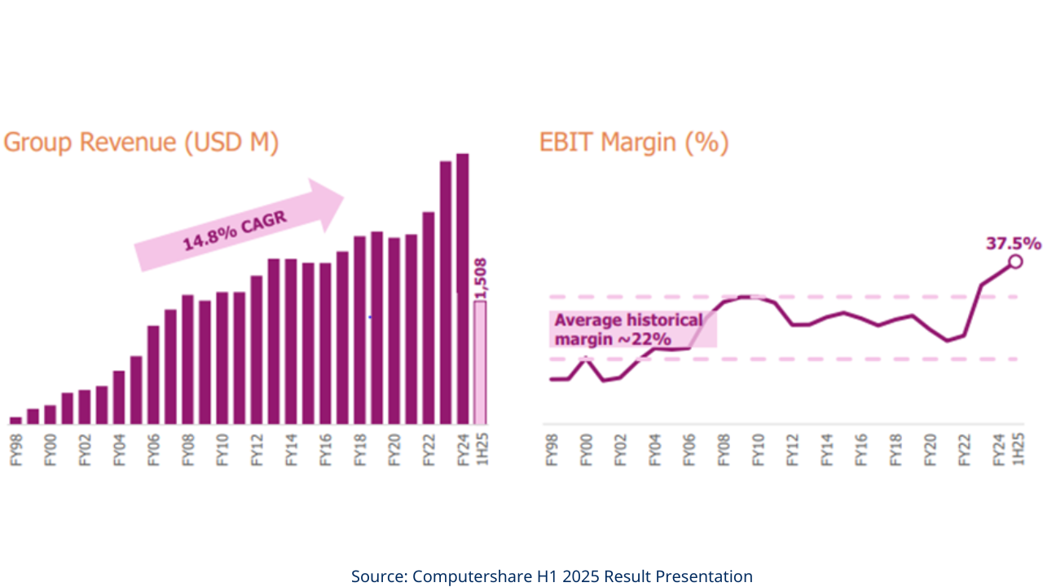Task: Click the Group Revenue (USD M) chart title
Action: click(x=142, y=143)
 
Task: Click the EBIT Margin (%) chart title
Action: click(x=633, y=143)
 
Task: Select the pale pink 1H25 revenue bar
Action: click(x=480, y=362)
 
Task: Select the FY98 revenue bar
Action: click(x=15, y=420)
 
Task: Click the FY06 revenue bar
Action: click(x=153, y=374)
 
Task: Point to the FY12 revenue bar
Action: click(x=257, y=350)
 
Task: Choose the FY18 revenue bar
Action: click(x=360, y=329)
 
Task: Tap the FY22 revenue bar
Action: click(x=429, y=317)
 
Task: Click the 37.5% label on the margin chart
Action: click(x=1012, y=243)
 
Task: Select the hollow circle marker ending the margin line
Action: click(x=1015, y=261)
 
